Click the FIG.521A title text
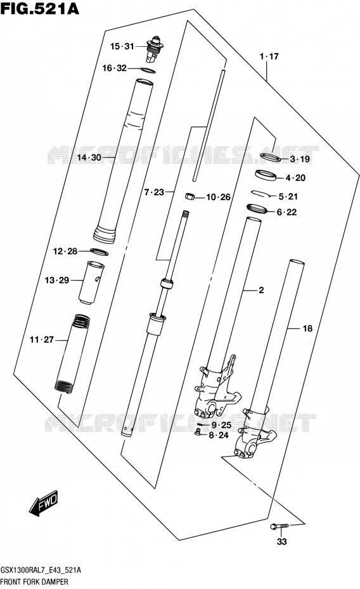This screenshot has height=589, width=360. [40, 8]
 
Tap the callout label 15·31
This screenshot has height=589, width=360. [122, 46]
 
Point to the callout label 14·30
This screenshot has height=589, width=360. [89, 158]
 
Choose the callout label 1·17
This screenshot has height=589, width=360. [269, 56]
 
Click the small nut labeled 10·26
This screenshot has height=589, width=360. [190, 196]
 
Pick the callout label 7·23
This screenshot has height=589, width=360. [154, 193]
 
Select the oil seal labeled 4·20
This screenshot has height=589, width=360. [266, 175]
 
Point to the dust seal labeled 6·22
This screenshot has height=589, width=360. [257, 208]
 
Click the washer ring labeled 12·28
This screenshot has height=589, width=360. [100, 251]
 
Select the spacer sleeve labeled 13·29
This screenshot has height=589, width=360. [91, 282]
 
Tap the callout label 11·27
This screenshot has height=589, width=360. [42, 339]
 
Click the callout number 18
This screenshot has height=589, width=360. [307, 328]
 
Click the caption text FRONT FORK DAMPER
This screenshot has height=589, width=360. [34, 581]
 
